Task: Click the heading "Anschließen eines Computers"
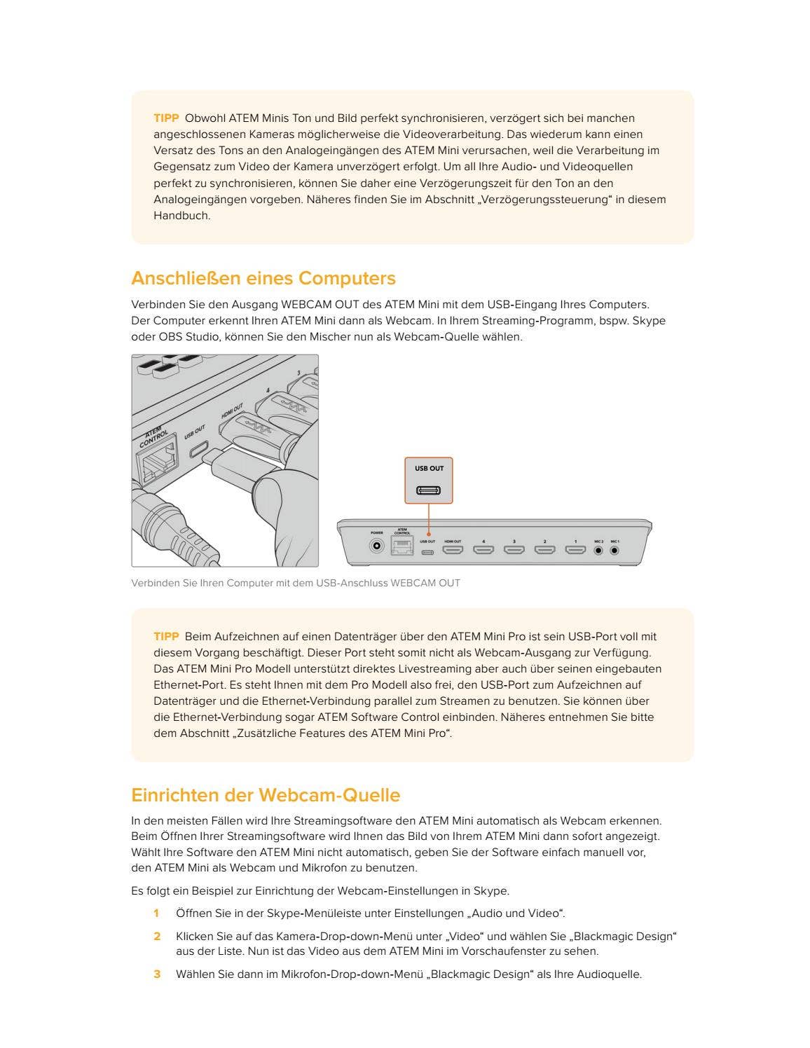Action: (x=263, y=278)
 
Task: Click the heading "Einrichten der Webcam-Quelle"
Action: (x=266, y=795)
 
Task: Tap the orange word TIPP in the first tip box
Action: (x=166, y=118)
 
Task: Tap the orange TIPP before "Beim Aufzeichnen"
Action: (x=166, y=637)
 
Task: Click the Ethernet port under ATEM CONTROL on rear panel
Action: (x=402, y=548)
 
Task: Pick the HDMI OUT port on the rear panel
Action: (x=453, y=550)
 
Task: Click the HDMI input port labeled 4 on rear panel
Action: (x=483, y=550)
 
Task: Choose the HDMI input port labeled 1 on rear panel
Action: (x=576, y=550)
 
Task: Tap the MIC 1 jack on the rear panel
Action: (x=615, y=550)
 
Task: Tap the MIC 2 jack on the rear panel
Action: (x=598, y=550)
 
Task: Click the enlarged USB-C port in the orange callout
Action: (x=429, y=490)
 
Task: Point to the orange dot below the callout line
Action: (x=428, y=534)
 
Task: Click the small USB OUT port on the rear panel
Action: (x=427, y=551)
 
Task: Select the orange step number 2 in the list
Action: (x=158, y=937)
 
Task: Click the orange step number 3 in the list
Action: (x=158, y=974)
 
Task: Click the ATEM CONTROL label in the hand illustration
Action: (x=153, y=436)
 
